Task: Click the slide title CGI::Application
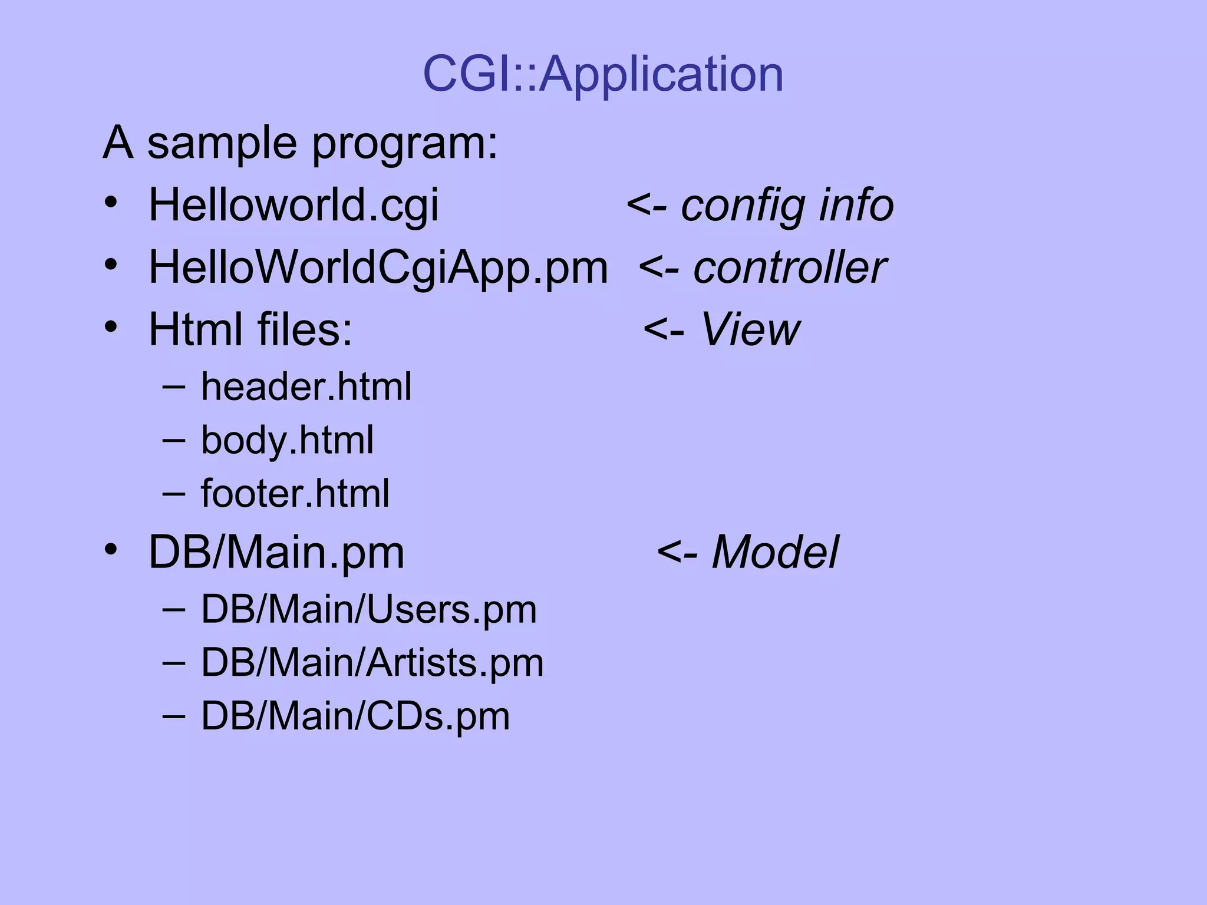tap(603, 74)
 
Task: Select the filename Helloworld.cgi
tap(293, 205)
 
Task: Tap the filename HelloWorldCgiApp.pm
tap(378, 267)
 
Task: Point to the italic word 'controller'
tap(790, 267)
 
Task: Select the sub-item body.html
tap(287, 440)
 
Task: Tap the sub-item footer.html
tap(295, 493)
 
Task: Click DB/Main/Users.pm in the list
tap(369, 609)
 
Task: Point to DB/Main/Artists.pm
tap(372, 662)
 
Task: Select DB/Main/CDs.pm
tap(355, 716)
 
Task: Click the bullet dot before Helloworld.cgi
tap(111, 203)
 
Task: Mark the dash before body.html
tap(173, 440)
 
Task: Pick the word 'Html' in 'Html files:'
tap(196, 329)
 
